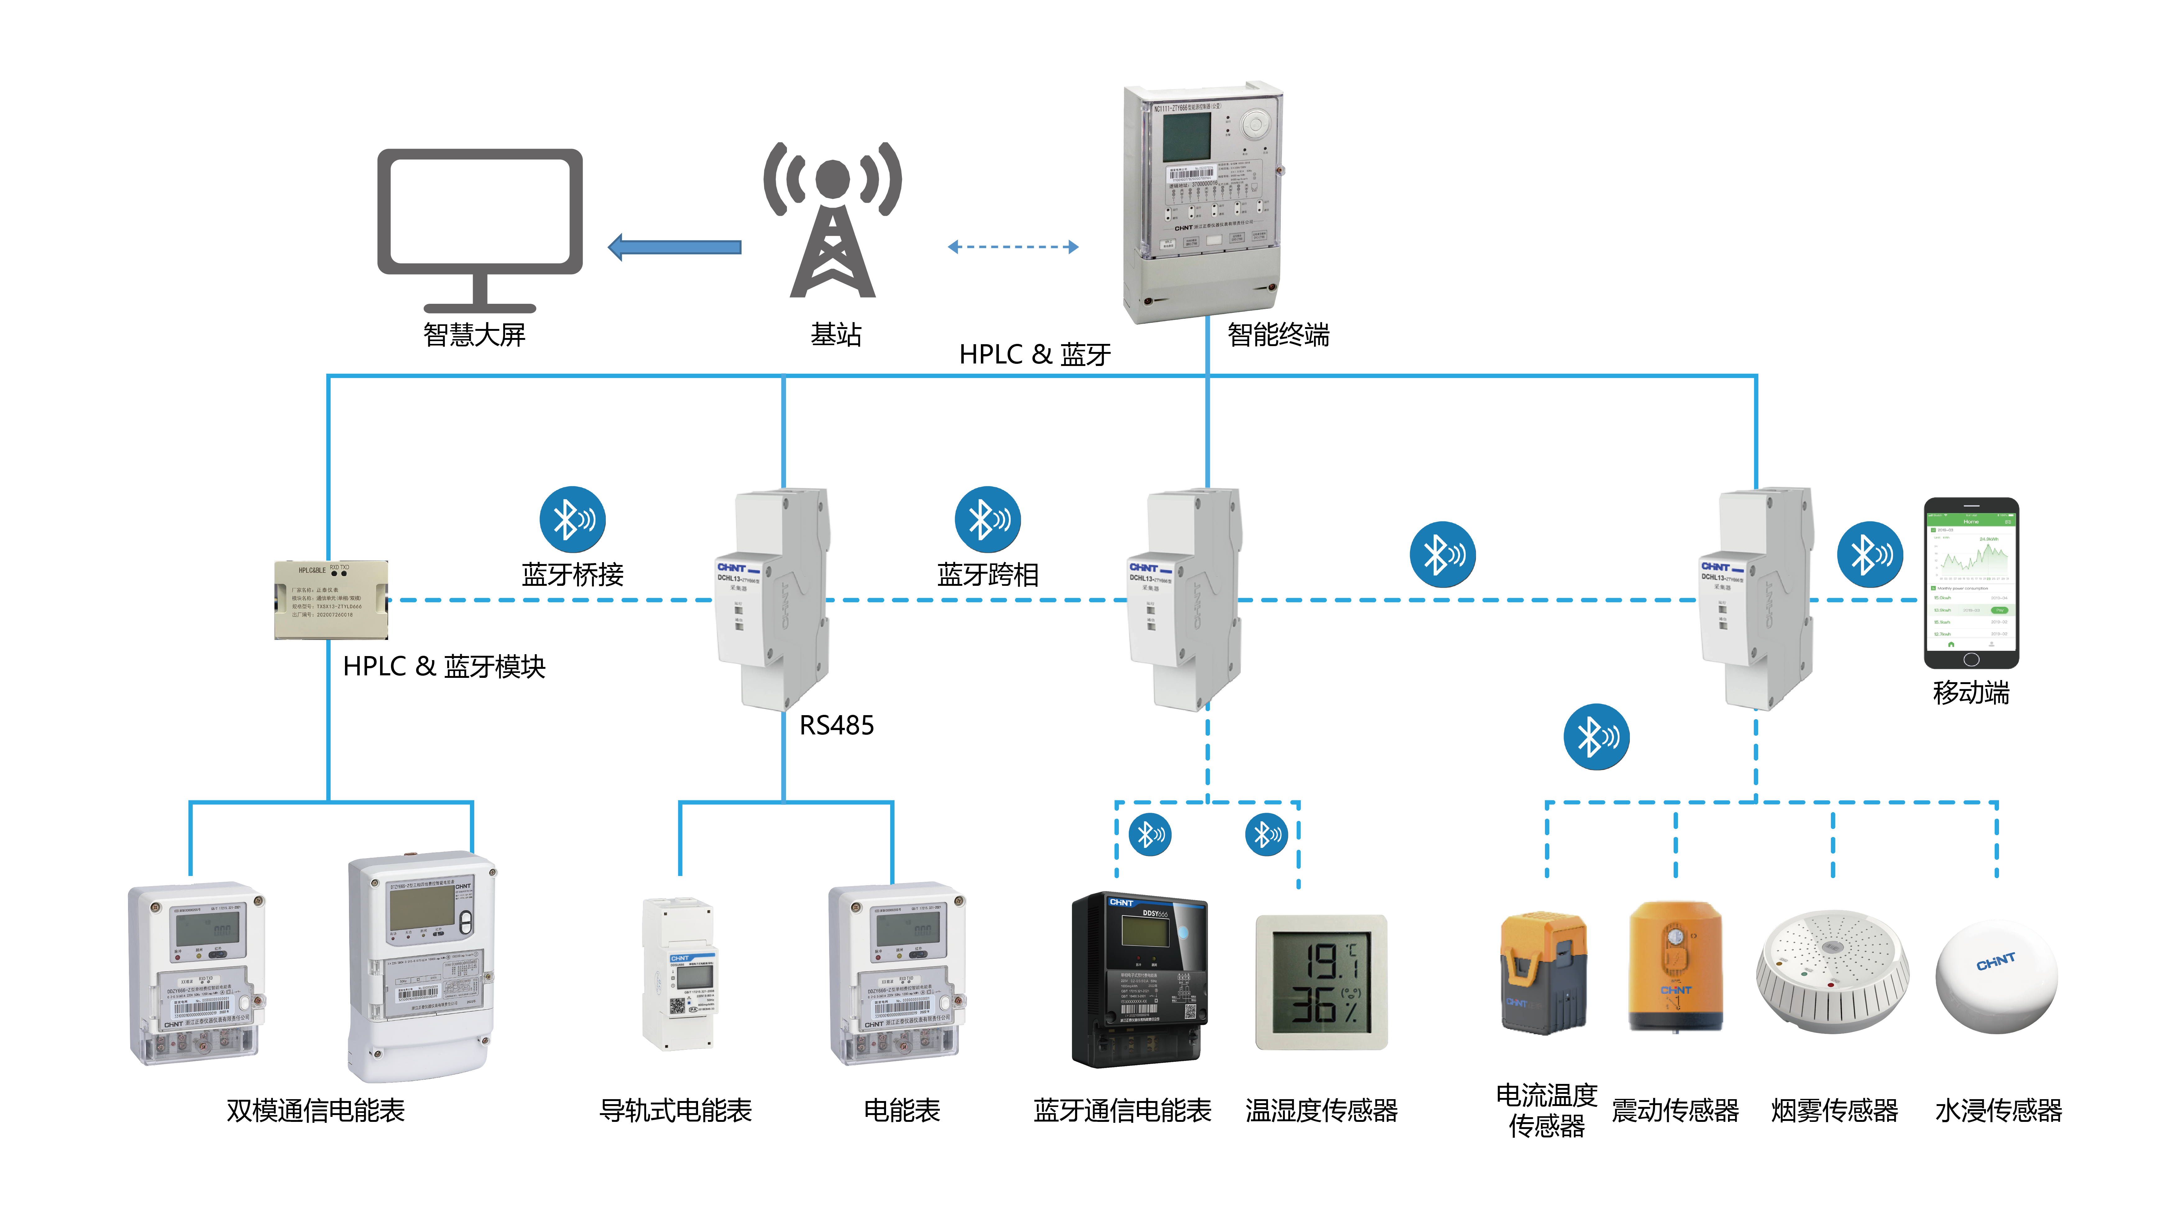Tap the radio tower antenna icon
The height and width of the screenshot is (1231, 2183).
tap(832, 220)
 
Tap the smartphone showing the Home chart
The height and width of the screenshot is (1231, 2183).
tap(1971, 583)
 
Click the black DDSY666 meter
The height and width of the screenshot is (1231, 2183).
tap(1139, 979)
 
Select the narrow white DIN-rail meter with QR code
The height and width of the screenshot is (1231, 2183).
tap(679, 975)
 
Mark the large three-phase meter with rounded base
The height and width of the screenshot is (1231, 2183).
tap(421, 966)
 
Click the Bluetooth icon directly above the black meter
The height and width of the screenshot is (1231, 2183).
tap(1150, 834)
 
